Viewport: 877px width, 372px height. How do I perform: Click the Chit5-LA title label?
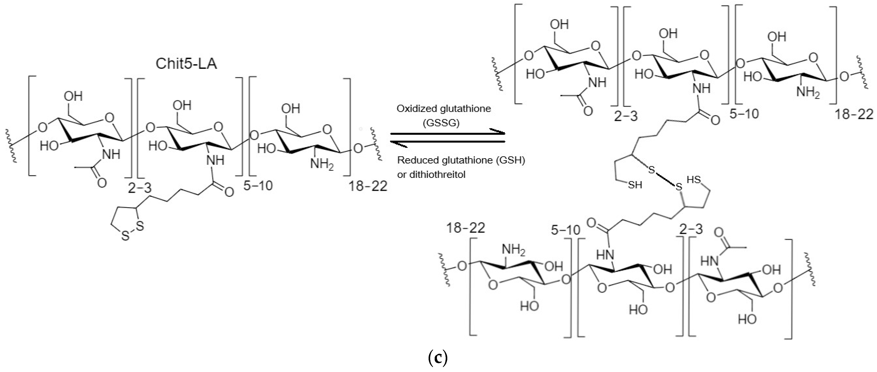click(186, 64)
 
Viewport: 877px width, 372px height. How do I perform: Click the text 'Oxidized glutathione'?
click(444, 109)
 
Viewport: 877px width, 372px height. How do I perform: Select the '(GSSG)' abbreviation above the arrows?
click(441, 123)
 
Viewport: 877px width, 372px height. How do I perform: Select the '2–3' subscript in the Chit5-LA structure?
click(140, 188)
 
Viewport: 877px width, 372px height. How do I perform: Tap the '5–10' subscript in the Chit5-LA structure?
click(258, 186)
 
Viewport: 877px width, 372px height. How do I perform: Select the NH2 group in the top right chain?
click(807, 92)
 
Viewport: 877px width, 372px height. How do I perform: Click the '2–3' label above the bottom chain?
click(691, 229)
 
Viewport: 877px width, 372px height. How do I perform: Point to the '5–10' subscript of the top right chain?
click(744, 114)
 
